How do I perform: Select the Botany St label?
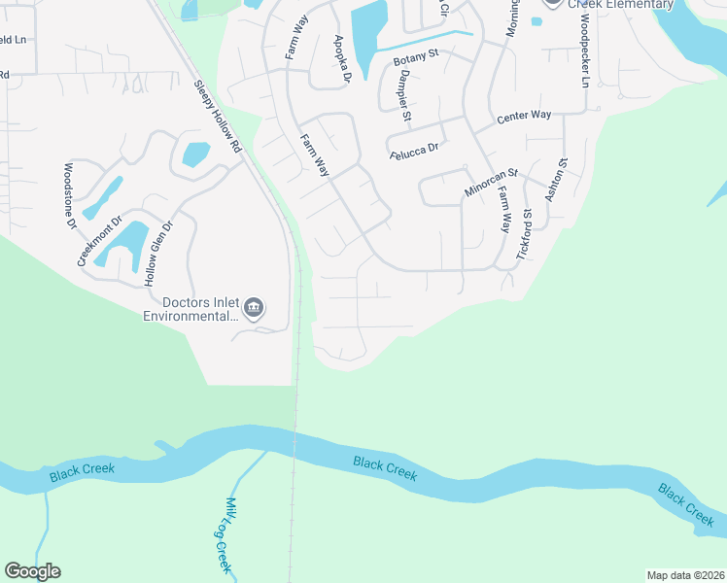(x=416, y=59)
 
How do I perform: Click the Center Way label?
(x=524, y=116)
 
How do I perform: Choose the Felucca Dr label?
(x=415, y=148)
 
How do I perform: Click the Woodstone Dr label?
(x=70, y=195)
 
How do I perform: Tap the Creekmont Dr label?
(x=100, y=241)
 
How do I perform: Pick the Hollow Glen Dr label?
(x=157, y=254)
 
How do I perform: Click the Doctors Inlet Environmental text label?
(x=190, y=309)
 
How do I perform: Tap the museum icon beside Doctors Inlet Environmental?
(x=254, y=309)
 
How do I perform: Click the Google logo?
(x=32, y=571)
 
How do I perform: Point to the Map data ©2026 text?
(x=684, y=574)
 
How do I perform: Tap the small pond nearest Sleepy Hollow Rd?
(x=195, y=154)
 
